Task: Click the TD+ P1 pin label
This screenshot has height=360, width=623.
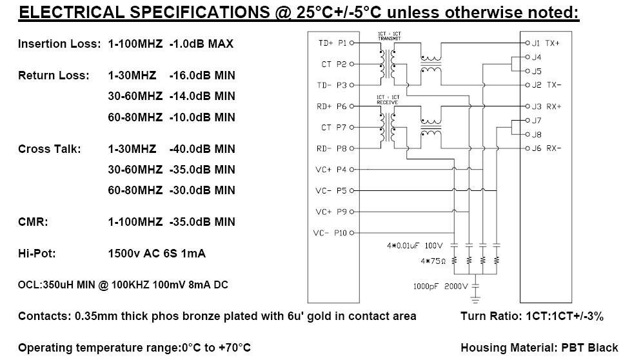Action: [x=333, y=43]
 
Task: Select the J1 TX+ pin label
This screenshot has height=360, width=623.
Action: [x=546, y=43]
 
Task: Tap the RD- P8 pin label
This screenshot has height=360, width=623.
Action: [x=331, y=148]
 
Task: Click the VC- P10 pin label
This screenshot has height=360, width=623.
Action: [x=330, y=233]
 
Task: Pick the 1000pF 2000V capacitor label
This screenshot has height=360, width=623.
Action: [x=440, y=286]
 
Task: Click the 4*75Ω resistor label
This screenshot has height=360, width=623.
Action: [x=433, y=261]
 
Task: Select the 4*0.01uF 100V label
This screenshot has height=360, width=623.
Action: [x=415, y=246]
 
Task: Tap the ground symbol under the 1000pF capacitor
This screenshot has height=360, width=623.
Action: [x=475, y=299]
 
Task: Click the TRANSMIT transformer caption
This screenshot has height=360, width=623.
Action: [x=390, y=39]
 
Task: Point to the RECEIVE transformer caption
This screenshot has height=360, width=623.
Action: [x=388, y=102]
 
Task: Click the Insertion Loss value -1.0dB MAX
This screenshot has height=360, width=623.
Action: [x=201, y=44]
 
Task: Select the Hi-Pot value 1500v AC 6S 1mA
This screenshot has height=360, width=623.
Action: [x=157, y=254]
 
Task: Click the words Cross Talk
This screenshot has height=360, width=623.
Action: [x=49, y=149]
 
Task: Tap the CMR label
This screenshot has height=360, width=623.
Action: [x=33, y=222]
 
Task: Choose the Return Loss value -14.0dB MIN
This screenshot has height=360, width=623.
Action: [x=203, y=96]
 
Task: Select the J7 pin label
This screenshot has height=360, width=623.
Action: [x=537, y=121]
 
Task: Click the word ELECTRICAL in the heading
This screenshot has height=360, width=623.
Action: [x=72, y=12]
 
